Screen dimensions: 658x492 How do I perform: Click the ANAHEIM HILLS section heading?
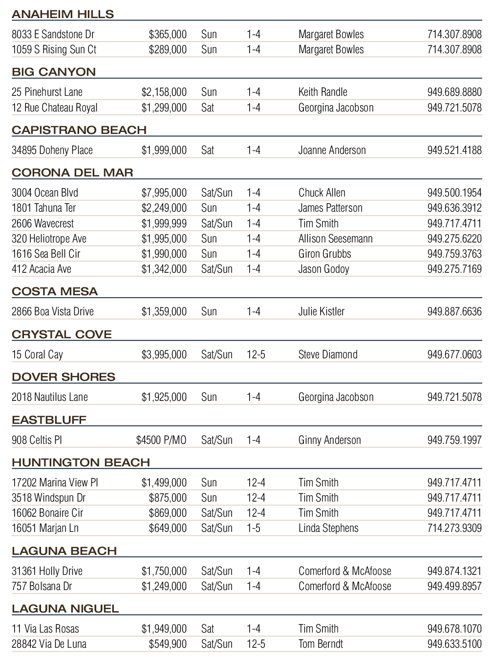pyautogui.click(x=63, y=14)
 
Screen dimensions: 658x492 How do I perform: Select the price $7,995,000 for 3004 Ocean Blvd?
pyautogui.click(x=164, y=193)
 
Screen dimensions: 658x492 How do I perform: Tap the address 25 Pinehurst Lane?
pyautogui.click(x=47, y=92)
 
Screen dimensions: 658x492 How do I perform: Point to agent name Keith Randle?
pyautogui.click(x=322, y=92)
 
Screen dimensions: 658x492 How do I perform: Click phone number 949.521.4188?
pyautogui.click(x=454, y=150)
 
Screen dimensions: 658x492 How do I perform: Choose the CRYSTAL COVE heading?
pyautogui.click(x=62, y=334)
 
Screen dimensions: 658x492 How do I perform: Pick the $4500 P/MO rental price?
pyautogui.click(x=161, y=440)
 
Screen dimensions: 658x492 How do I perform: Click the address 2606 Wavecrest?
pyautogui.click(x=43, y=223)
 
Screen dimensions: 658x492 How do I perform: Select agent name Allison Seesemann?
pyautogui.click(x=335, y=239)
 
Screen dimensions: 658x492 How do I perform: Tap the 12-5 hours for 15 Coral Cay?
pyautogui.click(x=256, y=354)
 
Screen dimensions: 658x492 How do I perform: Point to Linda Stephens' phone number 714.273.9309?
pyautogui.click(x=454, y=528)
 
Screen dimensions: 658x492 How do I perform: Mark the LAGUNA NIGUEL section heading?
pyautogui.click(x=65, y=609)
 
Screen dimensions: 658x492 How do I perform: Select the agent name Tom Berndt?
pyautogui.click(x=321, y=644)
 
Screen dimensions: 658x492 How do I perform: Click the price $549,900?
pyautogui.click(x=168, y=644)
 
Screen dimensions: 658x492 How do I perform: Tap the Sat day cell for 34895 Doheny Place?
pyautogui.click(x=208, y=150)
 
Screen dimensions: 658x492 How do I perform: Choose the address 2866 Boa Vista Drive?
pyautogui.click(x=52, y=311)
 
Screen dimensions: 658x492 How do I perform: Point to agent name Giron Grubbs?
pyautogui.click(x=324, y=254)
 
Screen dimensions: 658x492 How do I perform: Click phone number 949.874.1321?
pyautogui.click(x=454, y=571)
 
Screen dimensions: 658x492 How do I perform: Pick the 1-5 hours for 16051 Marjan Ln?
pyautogui.click(x=253, y=528)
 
